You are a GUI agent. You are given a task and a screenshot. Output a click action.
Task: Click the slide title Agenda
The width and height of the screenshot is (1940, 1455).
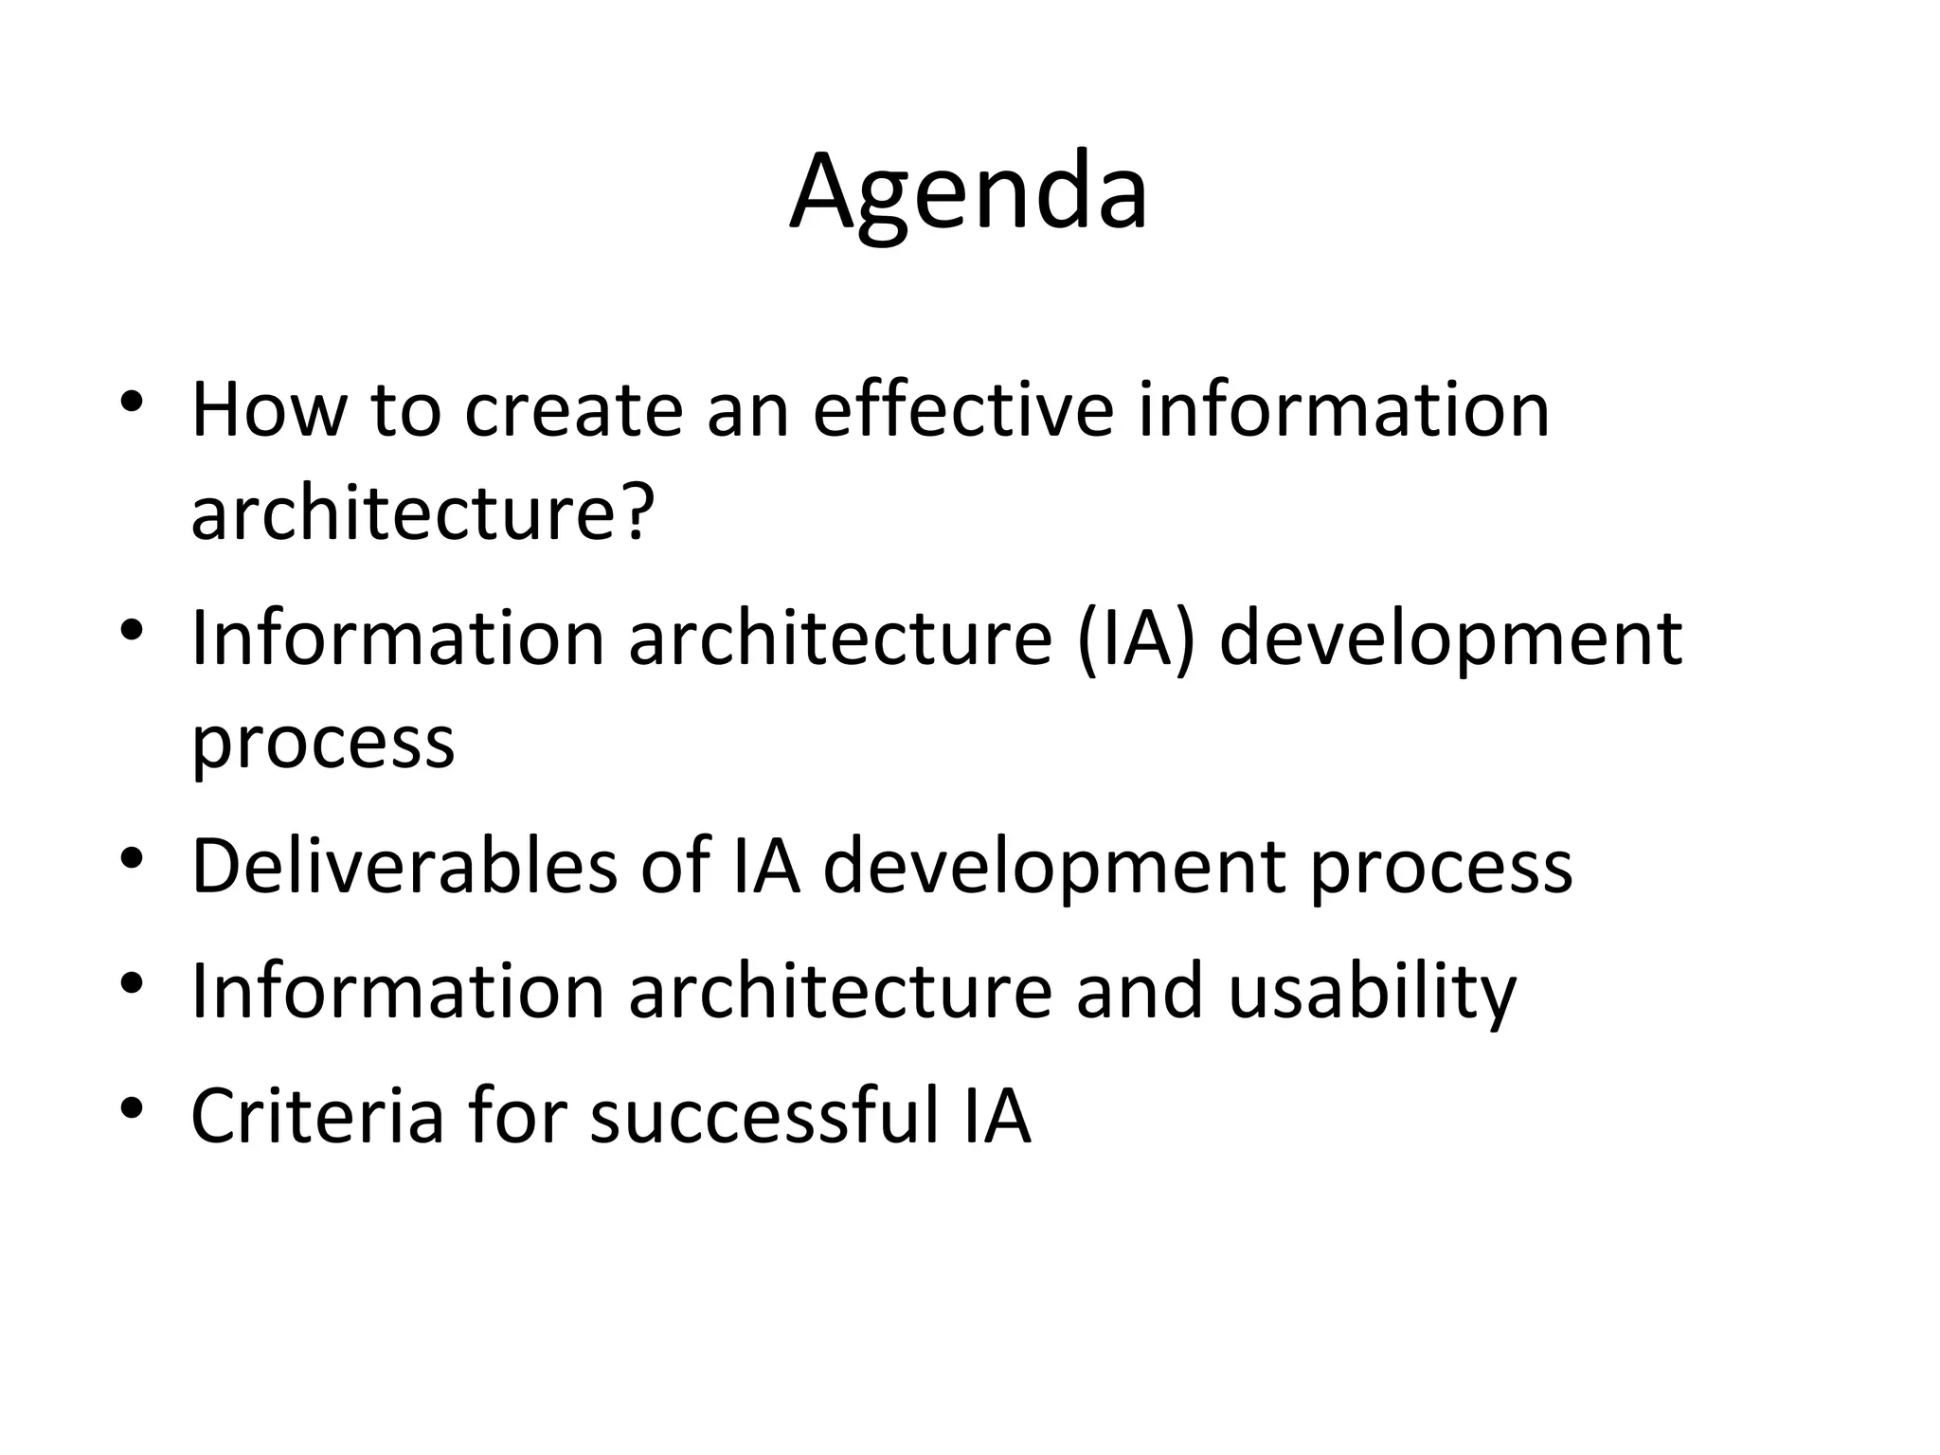point(968,194)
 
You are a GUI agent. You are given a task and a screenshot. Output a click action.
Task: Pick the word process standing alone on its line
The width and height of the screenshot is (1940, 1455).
point(323,743)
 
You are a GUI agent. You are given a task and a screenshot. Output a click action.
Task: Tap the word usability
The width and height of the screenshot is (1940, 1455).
point(1372,993)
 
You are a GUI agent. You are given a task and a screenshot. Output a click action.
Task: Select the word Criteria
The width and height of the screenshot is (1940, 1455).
point(317,1116)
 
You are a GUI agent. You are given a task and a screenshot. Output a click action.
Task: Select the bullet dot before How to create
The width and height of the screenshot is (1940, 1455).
point(132,402)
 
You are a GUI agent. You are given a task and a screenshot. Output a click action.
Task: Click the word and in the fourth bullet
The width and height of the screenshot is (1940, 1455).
point(1140,991)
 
